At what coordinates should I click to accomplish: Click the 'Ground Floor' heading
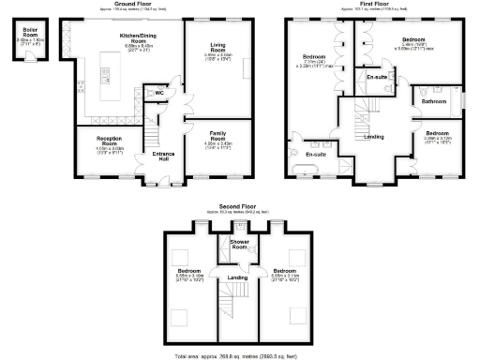coord(133,4)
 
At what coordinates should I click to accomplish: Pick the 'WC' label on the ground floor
coord(159,93)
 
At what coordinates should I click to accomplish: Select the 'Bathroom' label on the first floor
coord(433,100)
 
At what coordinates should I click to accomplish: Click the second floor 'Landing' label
coord(238,277)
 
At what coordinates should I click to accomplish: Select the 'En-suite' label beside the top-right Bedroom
coord(377,77)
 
